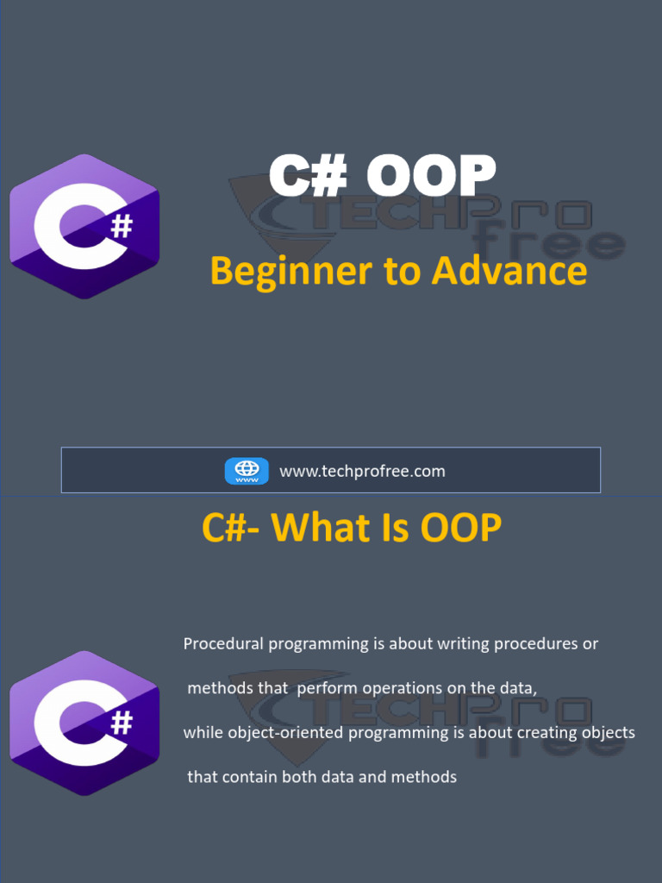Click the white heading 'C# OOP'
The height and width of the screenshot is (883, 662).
(382, 176)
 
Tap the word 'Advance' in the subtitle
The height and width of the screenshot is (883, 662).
(509, 271)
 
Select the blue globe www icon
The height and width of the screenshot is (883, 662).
(247, 471)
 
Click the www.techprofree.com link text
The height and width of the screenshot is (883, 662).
(362, 471)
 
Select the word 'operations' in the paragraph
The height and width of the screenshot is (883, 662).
(399, 688)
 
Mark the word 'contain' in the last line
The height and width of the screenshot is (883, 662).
(250, 777)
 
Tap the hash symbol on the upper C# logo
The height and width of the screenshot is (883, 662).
(123, 227)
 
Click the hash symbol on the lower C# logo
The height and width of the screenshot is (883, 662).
(123, 723)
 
